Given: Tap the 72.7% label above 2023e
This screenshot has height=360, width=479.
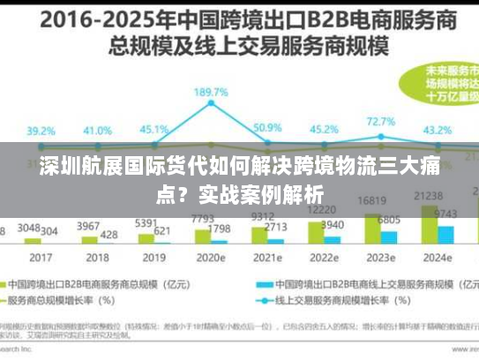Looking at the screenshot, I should coord(380,122).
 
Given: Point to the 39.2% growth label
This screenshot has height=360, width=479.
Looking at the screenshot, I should coord(41,131).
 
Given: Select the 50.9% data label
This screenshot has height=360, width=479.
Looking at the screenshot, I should coord(266,128).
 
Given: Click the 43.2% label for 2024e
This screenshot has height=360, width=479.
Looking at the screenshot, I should coord(438,130).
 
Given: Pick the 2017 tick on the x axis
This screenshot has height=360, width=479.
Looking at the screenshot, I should coord(41,259).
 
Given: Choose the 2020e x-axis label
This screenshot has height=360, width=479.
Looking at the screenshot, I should coord(211,259).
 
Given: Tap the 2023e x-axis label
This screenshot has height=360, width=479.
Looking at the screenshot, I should coord(381,259).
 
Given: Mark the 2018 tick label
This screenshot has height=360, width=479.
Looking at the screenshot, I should coord(97,259).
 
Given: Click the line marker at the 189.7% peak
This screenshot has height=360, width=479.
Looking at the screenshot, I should coord(212,103).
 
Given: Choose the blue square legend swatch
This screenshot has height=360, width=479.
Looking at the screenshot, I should coord(263,285).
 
